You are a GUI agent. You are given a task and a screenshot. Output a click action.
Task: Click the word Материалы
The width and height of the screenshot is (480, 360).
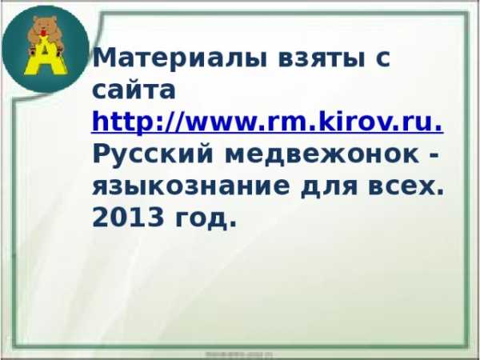tap(180, 58)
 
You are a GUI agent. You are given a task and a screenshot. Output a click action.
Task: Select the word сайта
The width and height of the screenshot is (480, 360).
tap(134, 90)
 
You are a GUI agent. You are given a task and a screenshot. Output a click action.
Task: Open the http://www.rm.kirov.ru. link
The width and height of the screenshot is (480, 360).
tap(268, 122)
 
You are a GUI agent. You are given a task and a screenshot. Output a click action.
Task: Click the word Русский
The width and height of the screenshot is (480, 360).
tap(153, 154)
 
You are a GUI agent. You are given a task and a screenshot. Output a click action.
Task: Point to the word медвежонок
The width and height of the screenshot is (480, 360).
tap(322, 155)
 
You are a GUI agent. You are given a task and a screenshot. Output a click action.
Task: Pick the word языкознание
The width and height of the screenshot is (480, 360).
tap(191, 186)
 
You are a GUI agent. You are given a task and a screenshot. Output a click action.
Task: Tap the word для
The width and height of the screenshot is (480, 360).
tap(330, 188)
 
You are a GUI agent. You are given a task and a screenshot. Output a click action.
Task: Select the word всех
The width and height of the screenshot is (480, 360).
tap(402, 186)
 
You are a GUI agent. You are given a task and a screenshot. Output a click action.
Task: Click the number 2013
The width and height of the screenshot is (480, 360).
tap(128, 218)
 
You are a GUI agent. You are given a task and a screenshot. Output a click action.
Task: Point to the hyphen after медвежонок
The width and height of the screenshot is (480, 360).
tap(434, 155)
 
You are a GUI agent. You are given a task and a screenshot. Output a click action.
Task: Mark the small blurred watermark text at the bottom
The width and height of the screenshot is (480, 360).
tap(238, 354)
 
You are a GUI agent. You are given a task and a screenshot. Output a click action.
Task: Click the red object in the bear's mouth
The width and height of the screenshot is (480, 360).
tap(44, 32)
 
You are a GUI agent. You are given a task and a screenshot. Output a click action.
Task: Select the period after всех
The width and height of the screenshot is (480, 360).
tap(439, 193)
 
